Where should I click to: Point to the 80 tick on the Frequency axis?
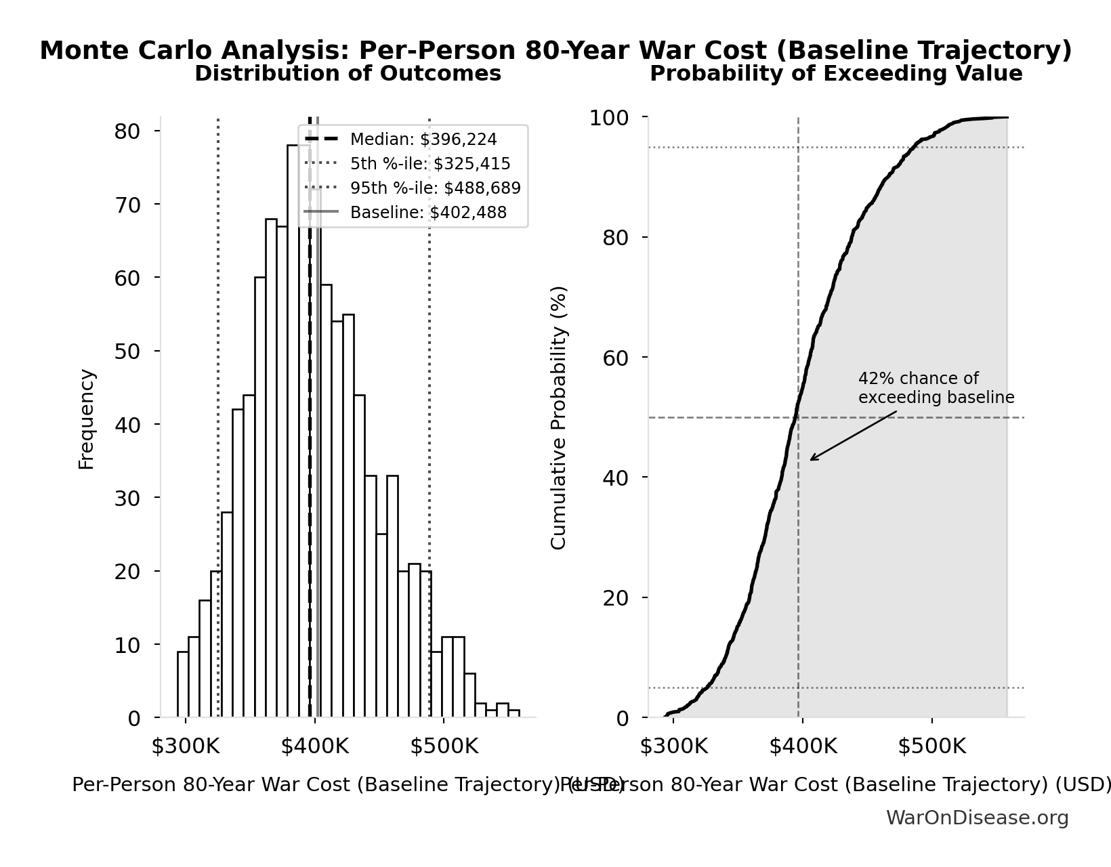point(127,131)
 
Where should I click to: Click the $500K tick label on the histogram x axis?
point(444,746)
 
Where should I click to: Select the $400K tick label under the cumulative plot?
point(802,746)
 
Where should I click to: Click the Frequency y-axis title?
point(87,419)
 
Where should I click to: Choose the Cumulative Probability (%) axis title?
point(559,417)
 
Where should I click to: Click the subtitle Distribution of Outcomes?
point(348,74)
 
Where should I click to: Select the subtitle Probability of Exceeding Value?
point(836,74)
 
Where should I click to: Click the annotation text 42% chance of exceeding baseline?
point(936,388)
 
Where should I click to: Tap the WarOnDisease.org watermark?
point(977,818)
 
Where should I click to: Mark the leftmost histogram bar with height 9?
point(183,684)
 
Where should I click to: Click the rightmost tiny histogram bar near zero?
point(514,713)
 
